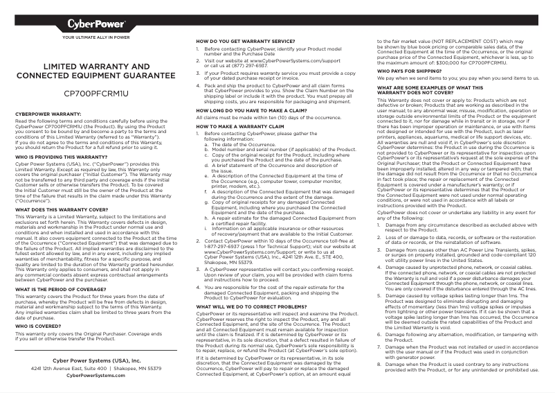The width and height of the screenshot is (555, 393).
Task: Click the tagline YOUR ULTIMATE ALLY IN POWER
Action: tap(96, 36)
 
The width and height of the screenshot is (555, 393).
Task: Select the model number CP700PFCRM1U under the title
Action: tap(96, 92)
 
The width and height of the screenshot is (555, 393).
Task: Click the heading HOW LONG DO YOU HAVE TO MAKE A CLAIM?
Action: tap(251, 110)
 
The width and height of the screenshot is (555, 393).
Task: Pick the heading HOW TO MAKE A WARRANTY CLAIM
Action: tap(236, 127)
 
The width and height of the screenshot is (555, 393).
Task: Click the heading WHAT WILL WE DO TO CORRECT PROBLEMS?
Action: tap(251, 306)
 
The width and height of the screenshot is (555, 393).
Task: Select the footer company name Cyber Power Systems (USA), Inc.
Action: tap(96, 360)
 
